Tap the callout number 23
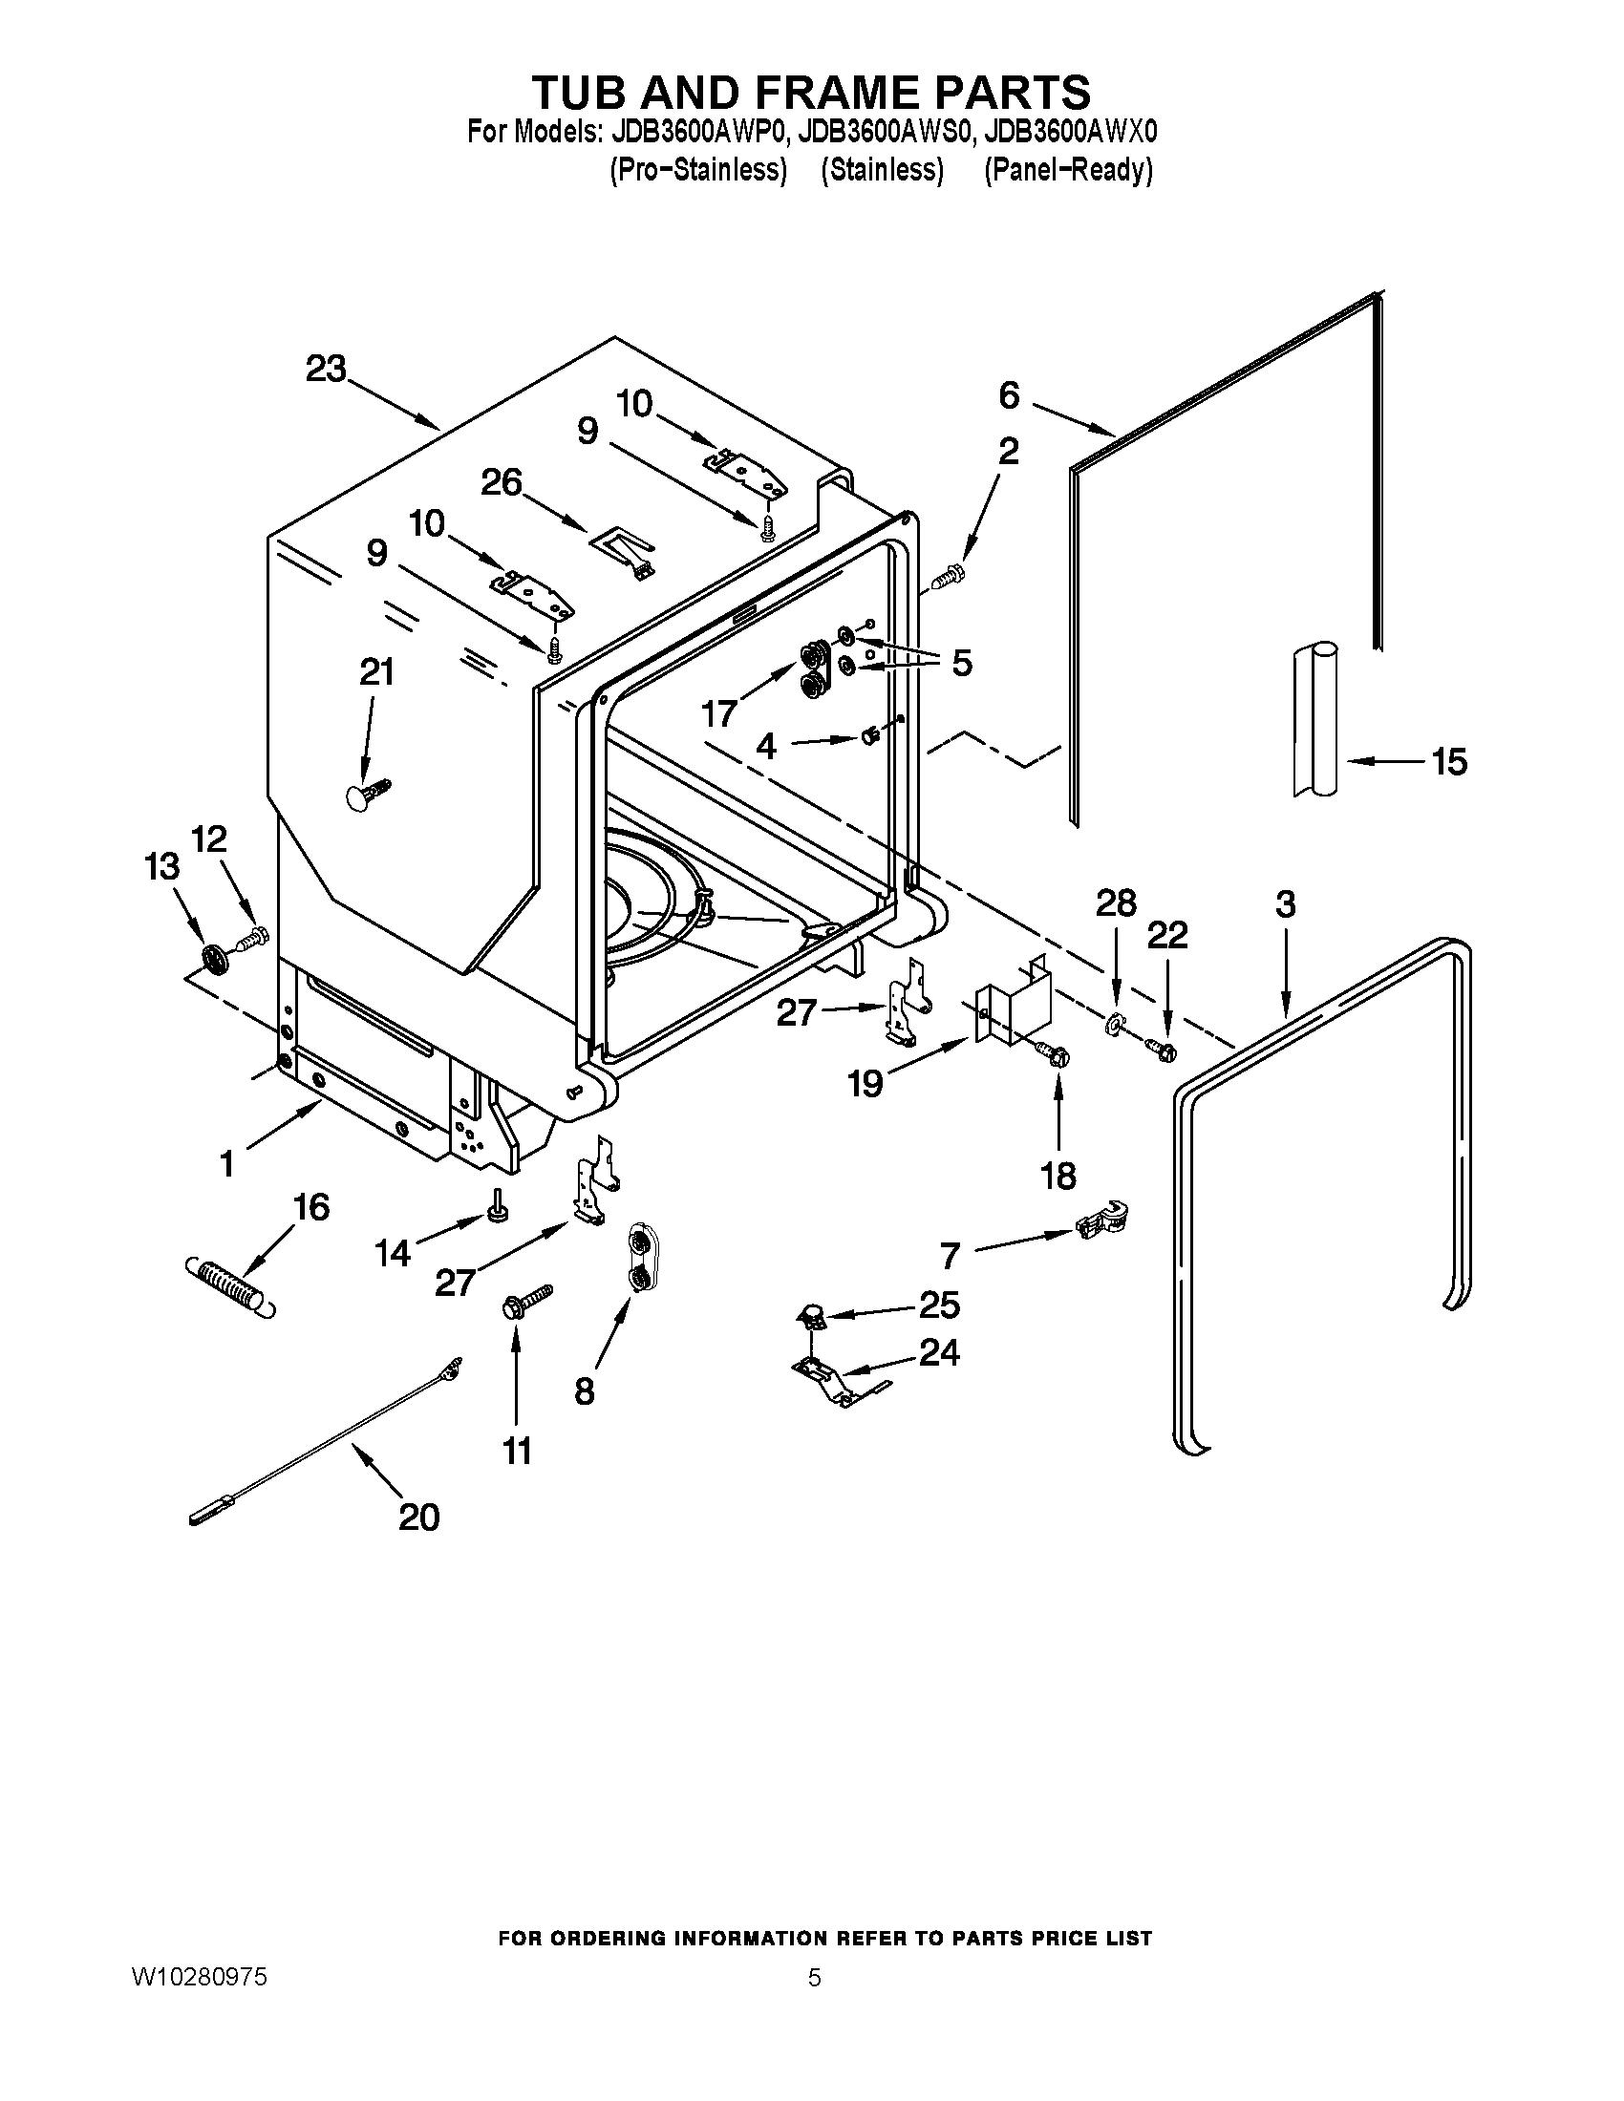coord(325,370)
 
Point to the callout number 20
coord(418,1517)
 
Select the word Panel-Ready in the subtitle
coord(1068,170)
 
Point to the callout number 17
coord(718,712)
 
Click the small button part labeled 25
coord(811,1313)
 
